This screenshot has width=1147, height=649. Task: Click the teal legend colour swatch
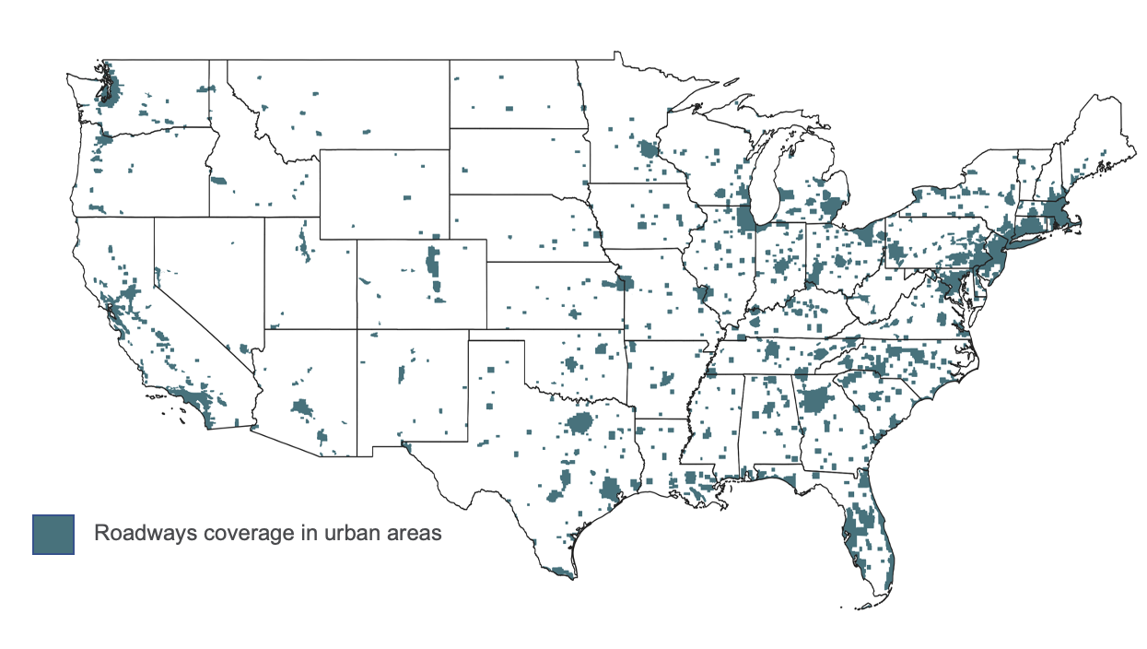(x=53, y=534)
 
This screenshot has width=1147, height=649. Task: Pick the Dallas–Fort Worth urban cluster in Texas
(x=580, y=425)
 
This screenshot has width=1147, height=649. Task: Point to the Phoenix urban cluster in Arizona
(x=301, y=407)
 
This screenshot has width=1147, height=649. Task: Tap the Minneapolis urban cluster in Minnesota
(x=649, y=149)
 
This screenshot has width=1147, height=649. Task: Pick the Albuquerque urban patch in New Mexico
(x=401, y=374)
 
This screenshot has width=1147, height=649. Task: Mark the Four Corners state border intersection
(x=357, y=328)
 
